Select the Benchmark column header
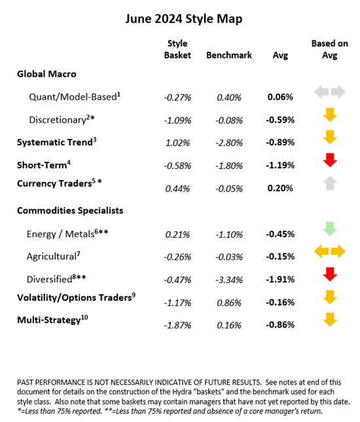click(229, 56)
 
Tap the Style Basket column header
click(177, 50)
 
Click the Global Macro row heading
click(46, 74)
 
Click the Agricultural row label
click(53, 256)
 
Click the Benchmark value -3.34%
click(229, 280)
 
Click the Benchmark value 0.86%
click(229, 303)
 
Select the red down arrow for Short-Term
click(330, 160)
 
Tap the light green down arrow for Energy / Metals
click(330, 229)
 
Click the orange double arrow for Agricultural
click(330, 251)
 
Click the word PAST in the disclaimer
click(27, 381)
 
